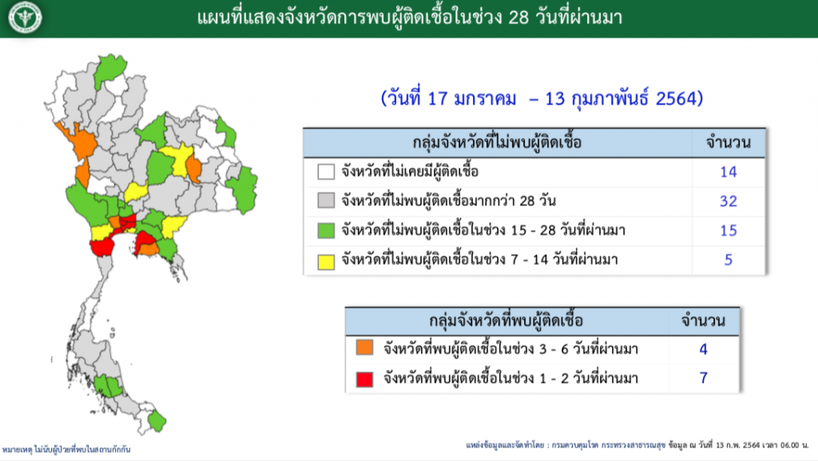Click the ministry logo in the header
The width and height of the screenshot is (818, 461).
point(25,18)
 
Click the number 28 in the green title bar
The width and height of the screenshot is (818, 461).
point(518,18)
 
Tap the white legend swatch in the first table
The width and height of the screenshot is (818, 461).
point(326,172)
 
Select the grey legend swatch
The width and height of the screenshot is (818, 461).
point(326,201)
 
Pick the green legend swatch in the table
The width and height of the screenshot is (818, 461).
point(326,230)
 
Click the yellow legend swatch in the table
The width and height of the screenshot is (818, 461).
point(326,261)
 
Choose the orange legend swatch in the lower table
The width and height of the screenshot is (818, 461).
point(364,348)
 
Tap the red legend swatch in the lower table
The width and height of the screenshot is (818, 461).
point(364,380)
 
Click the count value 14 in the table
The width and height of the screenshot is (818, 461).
point(729,172)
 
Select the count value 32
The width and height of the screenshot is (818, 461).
point(729,201)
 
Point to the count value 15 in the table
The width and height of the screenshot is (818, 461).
point(729,230)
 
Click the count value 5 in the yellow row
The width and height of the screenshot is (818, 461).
point(729,260)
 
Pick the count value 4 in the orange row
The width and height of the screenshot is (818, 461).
point(703,349)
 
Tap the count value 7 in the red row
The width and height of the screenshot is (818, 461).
point(703,378)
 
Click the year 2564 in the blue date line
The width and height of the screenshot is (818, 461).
point(676,98)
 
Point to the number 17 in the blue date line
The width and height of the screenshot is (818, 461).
point(438,98)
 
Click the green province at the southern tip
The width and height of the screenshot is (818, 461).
point(157,421)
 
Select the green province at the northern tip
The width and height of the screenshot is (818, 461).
point(109,68)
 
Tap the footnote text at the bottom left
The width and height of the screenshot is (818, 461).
point(66,449)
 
